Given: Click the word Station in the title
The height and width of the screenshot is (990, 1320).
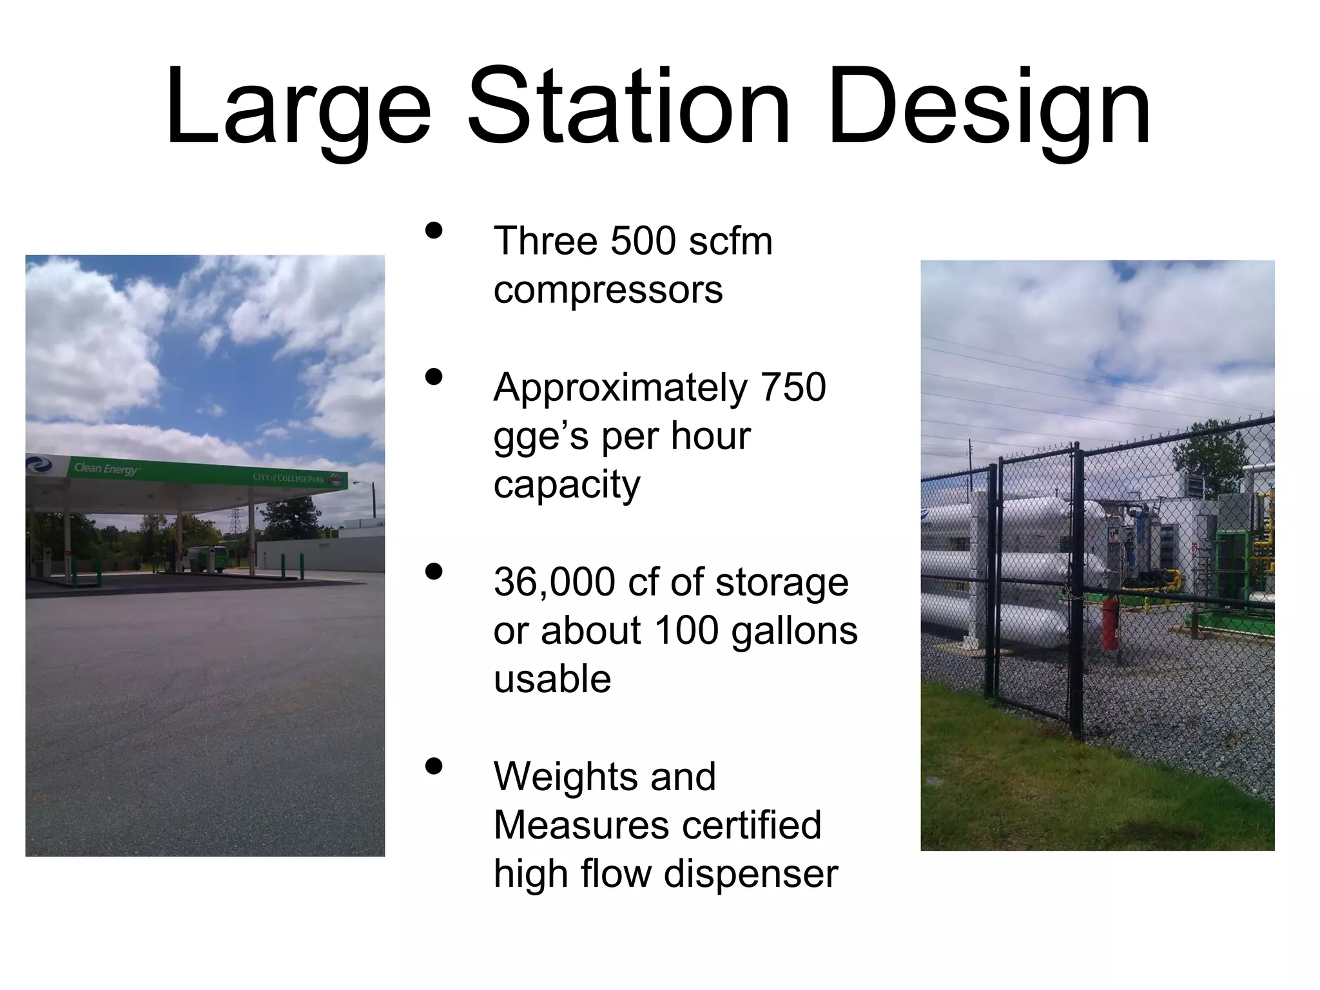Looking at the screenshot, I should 628,106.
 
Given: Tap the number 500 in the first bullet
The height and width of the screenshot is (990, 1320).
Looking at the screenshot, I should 643,242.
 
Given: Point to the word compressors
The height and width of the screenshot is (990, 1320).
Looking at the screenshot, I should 608,290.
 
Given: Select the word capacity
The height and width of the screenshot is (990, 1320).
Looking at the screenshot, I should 567,485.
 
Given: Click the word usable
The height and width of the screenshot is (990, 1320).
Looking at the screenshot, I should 552,679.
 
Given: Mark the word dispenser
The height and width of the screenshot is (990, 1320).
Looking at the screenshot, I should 750,874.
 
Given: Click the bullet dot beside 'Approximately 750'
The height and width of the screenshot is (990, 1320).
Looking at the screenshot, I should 434,378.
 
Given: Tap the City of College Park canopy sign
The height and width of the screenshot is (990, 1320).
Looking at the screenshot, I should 288,478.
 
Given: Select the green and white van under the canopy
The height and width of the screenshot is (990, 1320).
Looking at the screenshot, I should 205,558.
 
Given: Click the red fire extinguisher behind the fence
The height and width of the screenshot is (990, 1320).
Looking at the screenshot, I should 1110,623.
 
